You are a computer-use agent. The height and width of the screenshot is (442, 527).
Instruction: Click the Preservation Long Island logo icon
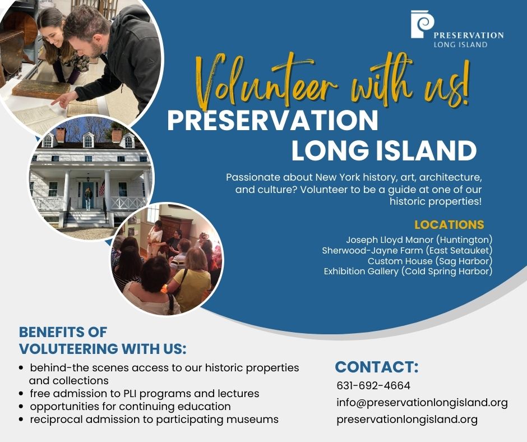[422, 24]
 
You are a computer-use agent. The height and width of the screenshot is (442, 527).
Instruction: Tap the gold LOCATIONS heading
[449, 224]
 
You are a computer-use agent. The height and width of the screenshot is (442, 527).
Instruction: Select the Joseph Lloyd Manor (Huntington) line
[419, 240]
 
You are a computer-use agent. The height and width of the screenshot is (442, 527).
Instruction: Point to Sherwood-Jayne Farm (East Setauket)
[407, 251]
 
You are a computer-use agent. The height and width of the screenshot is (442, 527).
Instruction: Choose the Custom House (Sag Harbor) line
[430, 261]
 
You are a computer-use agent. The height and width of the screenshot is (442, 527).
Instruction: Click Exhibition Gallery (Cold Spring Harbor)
[408, 271]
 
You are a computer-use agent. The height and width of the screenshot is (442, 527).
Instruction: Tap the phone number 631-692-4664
[373, 385]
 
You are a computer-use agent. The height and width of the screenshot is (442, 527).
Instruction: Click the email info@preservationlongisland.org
[422, 403]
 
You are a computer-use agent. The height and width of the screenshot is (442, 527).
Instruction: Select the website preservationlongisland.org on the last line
[407, 420]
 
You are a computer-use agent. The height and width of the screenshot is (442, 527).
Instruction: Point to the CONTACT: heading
[377, 367]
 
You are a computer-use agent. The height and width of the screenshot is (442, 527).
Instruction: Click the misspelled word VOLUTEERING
[68, 349]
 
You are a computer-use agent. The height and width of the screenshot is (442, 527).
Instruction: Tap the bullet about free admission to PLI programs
[139, 393]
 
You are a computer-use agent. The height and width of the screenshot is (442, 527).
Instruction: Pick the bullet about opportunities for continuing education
[125, 406]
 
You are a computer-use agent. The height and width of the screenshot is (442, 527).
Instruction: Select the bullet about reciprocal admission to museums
[149, 420]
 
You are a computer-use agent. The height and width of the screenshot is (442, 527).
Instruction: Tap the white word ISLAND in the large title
[426, 150]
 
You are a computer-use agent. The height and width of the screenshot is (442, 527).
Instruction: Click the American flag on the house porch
[102, 188]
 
